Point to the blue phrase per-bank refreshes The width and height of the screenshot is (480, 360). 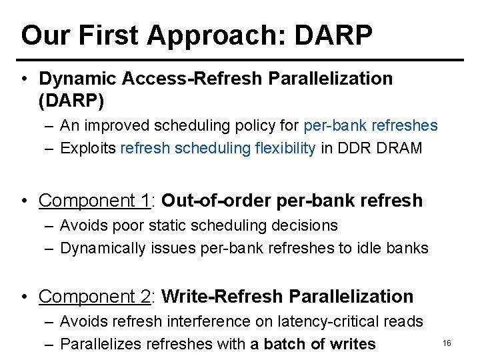pos(370,125)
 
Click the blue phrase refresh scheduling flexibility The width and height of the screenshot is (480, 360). pos(218,148)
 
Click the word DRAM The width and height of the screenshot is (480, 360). pos(399,148)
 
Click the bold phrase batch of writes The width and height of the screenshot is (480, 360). pos(320,344)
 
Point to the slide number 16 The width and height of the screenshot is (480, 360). pos(447,343)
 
